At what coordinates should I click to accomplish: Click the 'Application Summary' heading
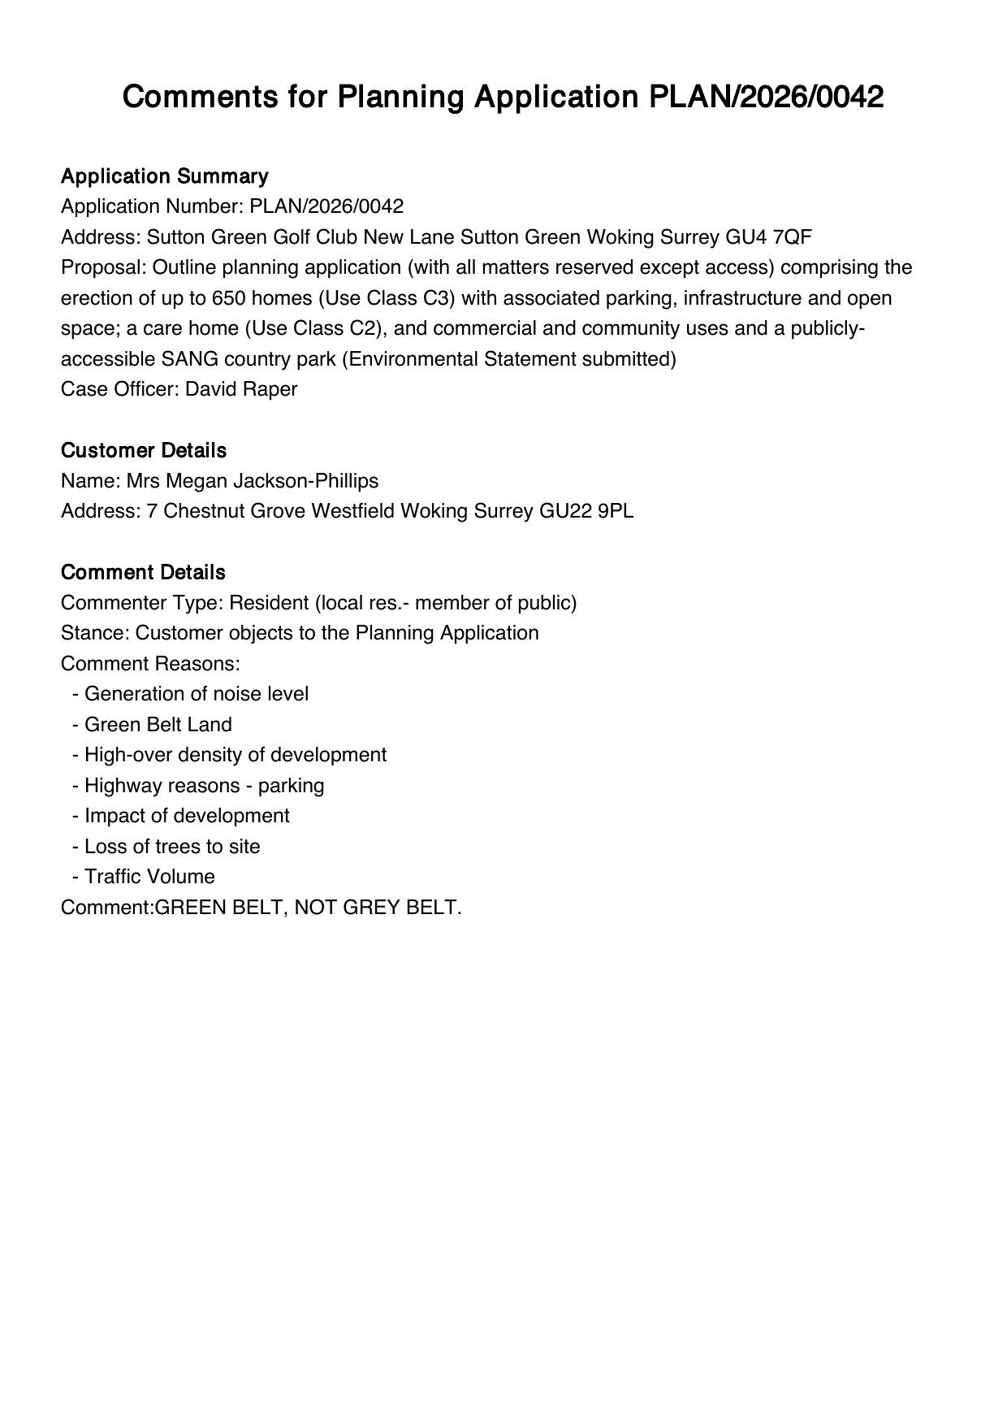click(164, 176)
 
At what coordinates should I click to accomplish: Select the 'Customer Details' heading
click(144, 450)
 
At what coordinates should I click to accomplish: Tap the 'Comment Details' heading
click(143, 572)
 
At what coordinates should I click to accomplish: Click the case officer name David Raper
click(241, 389)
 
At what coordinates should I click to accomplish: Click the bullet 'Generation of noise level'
click(197, 694)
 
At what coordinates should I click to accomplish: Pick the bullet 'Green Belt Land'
click(158, 725)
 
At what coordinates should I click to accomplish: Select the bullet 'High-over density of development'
click(236, 755)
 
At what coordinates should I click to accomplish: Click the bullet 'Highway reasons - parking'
click(205, 786)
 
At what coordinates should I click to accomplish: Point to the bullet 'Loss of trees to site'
click(172, 847)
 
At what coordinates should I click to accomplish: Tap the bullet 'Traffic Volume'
click(149, 877)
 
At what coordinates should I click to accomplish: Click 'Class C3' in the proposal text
click(407, 298)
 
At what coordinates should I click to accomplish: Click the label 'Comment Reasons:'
click(150, 664)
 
